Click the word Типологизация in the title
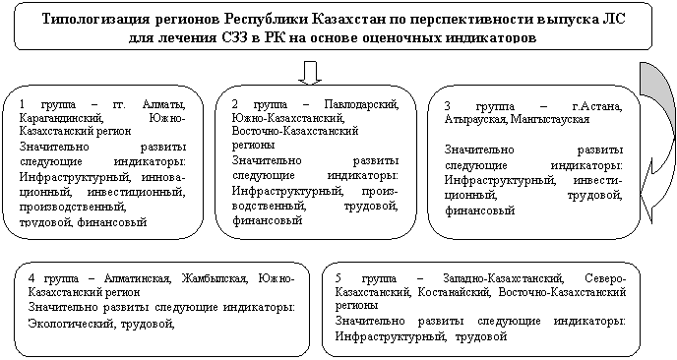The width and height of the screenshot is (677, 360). coord(96,19)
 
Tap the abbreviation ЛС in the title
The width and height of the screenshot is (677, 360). coord(616,19)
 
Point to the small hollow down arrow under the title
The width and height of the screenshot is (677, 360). coord(310,73)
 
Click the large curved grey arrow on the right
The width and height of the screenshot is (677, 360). coord(658,143)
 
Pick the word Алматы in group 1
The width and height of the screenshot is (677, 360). coord(164,105)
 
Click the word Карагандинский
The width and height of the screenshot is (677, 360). coord(61,118)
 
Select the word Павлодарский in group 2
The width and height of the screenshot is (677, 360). coord(362,105)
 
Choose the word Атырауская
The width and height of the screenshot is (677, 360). coord(476,119)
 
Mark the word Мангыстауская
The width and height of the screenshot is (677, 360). coord(550,119)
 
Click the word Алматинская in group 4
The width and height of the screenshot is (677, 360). coord(138,278)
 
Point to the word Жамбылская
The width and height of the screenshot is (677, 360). coord(215,278)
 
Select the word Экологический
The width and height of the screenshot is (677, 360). coord(72,324)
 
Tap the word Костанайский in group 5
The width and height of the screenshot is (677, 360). coord(455,292)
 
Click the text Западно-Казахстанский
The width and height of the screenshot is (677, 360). coord(504,278)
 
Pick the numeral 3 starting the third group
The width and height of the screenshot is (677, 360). coord(448,106)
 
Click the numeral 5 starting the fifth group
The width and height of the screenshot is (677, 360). coord(338,278)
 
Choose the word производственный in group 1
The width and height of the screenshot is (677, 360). coord(73,208)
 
